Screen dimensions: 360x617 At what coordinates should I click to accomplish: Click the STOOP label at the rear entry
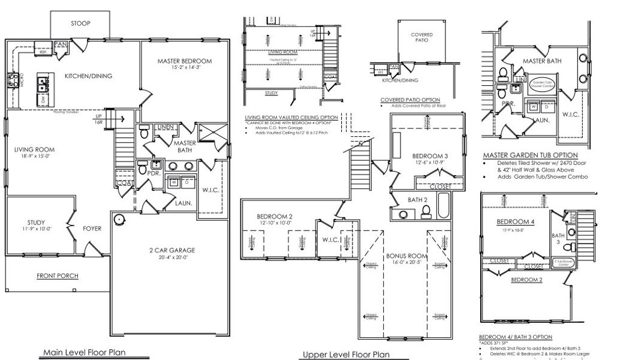tap(80, 23)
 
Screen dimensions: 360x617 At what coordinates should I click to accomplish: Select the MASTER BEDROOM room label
tap(185, 61)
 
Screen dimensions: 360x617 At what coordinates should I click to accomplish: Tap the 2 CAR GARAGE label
tap(168, 251)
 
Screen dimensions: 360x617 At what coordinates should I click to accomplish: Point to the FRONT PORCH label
tap(57, 276)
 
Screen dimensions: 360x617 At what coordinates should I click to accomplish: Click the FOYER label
tap(92, 229)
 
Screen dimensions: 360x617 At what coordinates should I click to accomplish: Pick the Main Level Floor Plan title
tap(83, 352)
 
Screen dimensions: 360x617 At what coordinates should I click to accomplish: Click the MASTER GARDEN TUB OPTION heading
tap(530, 155)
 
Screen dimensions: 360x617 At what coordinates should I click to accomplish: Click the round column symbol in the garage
tap(119, 219)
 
